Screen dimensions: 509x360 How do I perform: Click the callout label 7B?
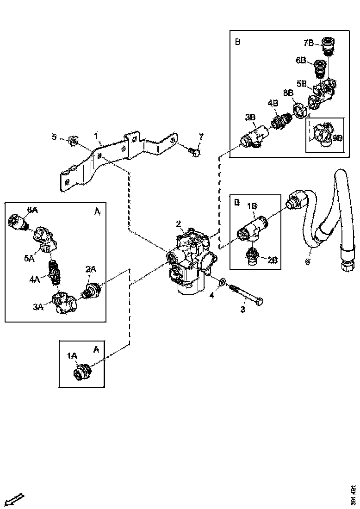pyautogui.click(x=309, y=43)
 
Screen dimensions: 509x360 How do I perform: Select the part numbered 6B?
pyautogui.click(x=319, y=69)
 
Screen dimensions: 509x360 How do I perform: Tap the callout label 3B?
pyautogui.click(x=250, y=118)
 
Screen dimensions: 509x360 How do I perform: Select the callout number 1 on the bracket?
pyautogui.click(x=96, y=137)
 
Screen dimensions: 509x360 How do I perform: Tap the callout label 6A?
pyautogui.click(x=32, y=209)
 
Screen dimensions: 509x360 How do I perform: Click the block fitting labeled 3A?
pyautogui.click(x=64, y=304)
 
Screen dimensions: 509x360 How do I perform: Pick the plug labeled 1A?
pyautogui.click(x=83, y=371)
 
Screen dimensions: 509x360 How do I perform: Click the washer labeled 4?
pyautogui.click(x=223, y=281)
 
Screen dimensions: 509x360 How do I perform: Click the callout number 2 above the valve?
pyautogui.click(x=178, y=224)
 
